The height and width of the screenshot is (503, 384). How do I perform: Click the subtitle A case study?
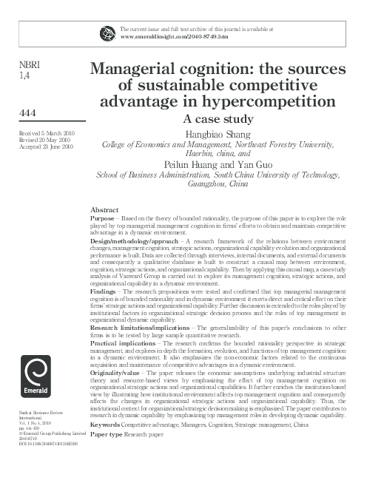tap(218, 118)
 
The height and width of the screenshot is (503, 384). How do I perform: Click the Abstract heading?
tap(104, 211)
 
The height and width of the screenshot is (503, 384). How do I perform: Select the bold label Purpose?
tap(102, 220)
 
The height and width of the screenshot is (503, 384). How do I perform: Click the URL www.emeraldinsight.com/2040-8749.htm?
tap(173, 36)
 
